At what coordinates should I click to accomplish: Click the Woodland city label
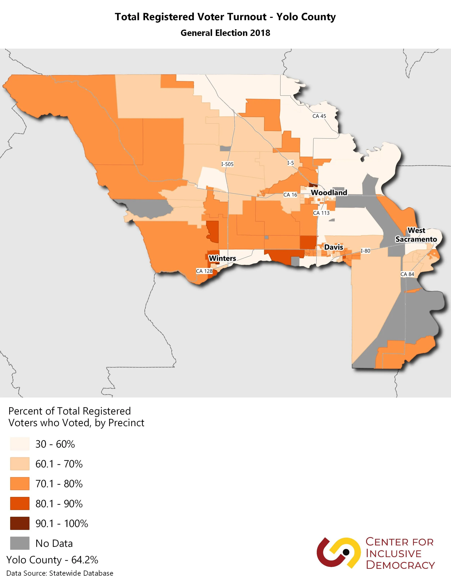click(x=329, y=192)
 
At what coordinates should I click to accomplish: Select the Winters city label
click(x=222, y=258)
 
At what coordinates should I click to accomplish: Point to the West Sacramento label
click(x=416, y=235)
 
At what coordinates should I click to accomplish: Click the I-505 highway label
click(x=227, y=164)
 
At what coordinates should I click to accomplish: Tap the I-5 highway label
click(x=290, y=163)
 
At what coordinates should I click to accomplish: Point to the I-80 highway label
click(x=365, y=251)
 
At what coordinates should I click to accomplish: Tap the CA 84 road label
click(x=407, y=274)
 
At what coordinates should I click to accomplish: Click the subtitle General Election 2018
click(x=225, y=33)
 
